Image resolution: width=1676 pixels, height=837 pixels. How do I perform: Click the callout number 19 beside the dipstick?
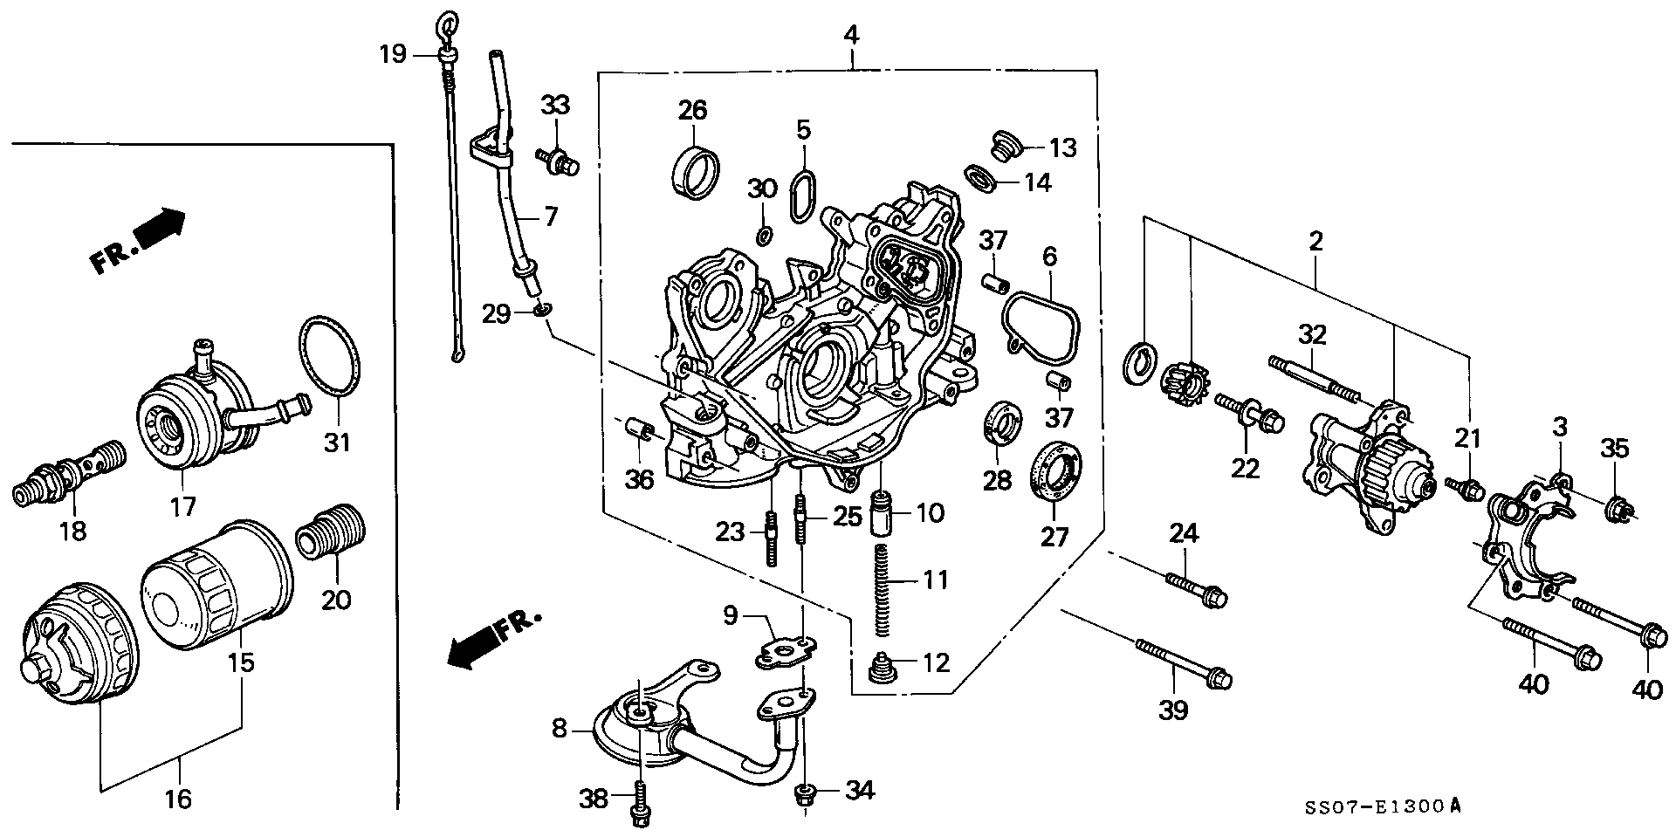(x=392, y=55)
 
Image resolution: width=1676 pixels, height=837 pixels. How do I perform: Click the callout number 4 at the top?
(x=851, y=35)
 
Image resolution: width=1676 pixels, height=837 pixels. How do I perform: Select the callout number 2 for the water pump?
(x=1315, y=241)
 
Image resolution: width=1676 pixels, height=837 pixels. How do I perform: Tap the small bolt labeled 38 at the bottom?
(x=636, y=803)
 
